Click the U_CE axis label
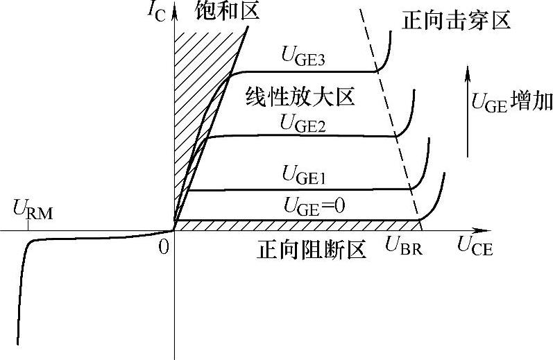pyautogui.click(x=475, y=245)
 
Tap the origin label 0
pyautogui.click(x=163, y=246)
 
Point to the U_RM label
pyautogui.click(x=31, y=207)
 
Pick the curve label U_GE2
pyautogui.click(x=303, y=123)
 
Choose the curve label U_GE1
pyautogui.click(x=304, y=174)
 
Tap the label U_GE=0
pyautogui.click(x=315, y=205)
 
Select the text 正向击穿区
pyautogui.click(x=456, y=20)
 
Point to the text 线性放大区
pyautogui.click(x=300, y=96)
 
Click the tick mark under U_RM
pyautogui.click(x=28, y=225)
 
